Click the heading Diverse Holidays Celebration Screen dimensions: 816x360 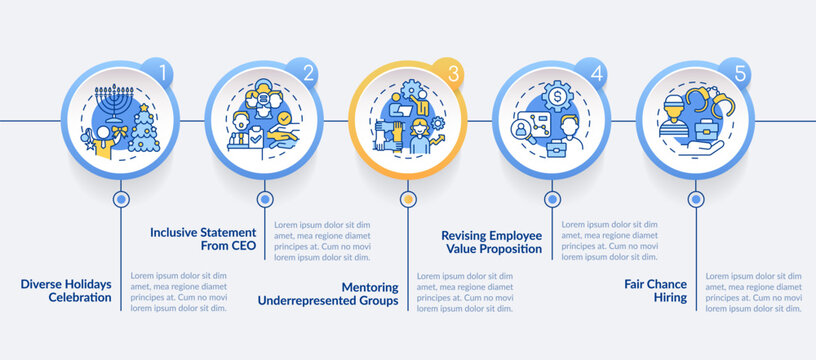click(x=66, y=290)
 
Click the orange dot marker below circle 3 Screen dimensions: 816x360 click(x=407, y=199)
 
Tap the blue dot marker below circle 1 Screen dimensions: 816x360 click(x=122, y=199)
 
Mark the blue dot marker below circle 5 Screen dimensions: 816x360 click(x=695, y=199)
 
